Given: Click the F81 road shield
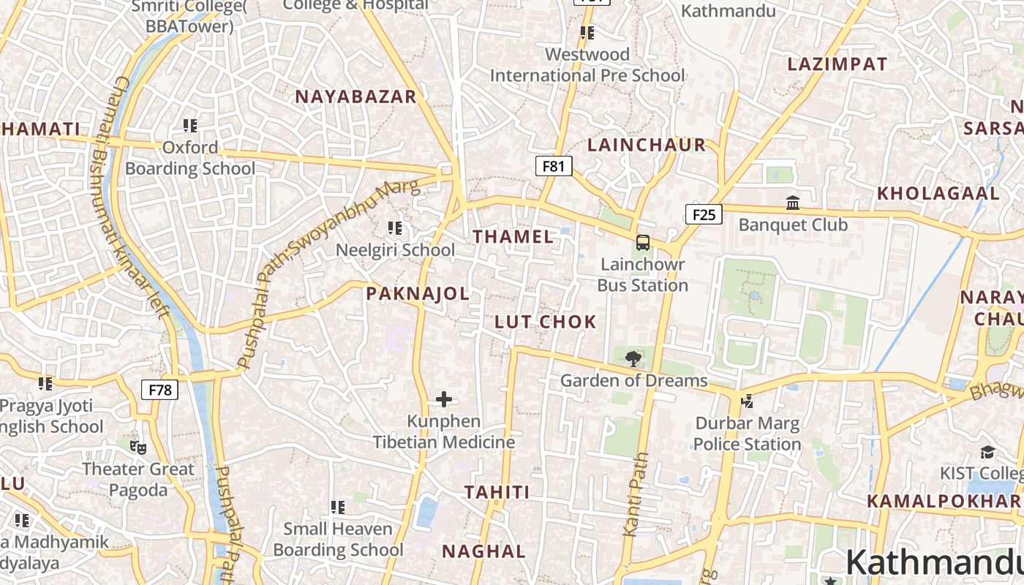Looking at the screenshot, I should click(x=553, y=166).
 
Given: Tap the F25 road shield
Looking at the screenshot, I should click(x=704, y=214).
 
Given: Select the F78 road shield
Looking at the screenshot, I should click(x=159, y=390).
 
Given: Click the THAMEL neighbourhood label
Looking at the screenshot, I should click(x=513, y=236).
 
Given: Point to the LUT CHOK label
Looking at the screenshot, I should click(x=546, y=322).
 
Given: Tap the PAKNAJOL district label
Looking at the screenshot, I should click(x=418, y=293).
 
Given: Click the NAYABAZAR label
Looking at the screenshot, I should click(x=355, y=97).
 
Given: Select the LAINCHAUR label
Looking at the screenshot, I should click(x=647, y=145).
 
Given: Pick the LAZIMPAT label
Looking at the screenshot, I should click(x=837, y=64).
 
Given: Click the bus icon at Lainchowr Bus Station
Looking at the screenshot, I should click(x=643, y=242).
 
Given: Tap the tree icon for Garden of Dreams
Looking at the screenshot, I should click(x=633, y=358).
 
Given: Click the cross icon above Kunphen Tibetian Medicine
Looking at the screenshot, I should click(x=444, y=399).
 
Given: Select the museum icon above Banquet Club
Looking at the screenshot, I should click(x=793, y=203).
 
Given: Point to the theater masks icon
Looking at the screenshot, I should click(x=138, y=447).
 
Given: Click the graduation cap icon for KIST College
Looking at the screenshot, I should click(x=987, y=451).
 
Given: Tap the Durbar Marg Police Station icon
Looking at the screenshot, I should click(x=747, y=401).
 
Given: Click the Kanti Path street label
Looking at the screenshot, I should click(x=636, y=495).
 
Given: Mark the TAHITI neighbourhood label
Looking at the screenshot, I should click(x=497, y=492).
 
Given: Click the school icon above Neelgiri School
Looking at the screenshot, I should click(x=395, y=228).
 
